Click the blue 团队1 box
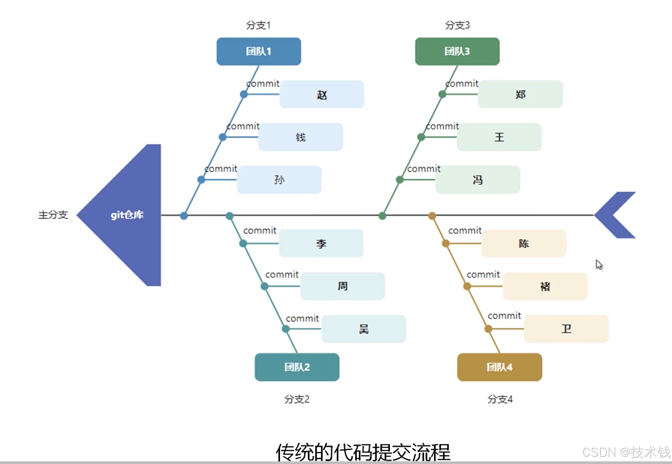point(259,51)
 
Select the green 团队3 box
point(457,51)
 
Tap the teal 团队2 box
point(297,367)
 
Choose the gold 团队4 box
point(499,367)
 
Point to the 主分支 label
point(53,215)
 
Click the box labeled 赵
point(322,94)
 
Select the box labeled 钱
point(301,137)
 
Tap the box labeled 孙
point(279,180)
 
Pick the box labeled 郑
point(520,94)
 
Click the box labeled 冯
point(478,180)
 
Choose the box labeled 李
point(321,243)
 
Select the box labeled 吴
point(364,329)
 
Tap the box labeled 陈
point(524,243)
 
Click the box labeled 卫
point(566,329)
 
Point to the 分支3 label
point(457,25)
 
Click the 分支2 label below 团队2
point(297,399)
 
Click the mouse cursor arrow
point(599,264)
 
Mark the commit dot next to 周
point(265,286)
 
